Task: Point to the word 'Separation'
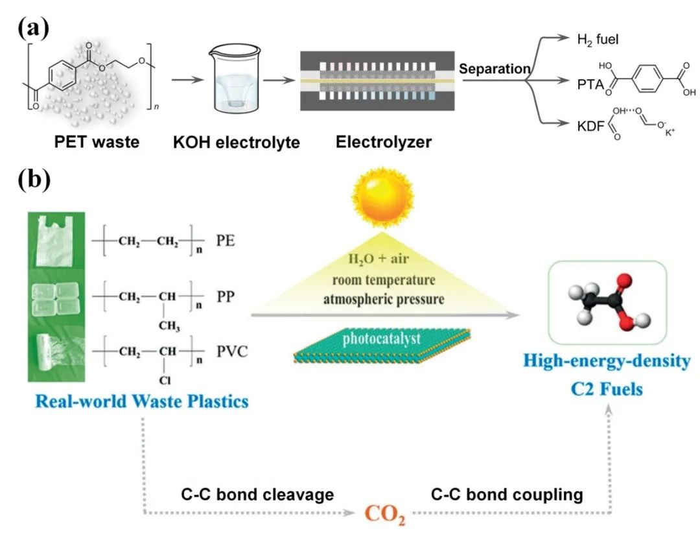[x=495, y=68]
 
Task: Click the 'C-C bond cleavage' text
[x=257, y=495]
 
